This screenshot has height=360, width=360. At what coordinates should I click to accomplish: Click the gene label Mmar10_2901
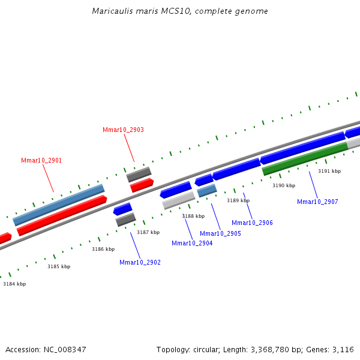tap(41, 160)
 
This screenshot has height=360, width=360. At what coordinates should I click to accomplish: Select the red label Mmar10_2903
tap(123, 130)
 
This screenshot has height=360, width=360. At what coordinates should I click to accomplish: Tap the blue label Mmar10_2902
tap(140, 262)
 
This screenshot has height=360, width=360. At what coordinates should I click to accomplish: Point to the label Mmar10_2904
tap(192, 243)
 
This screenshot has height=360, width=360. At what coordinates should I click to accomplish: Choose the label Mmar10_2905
tap(220, 233)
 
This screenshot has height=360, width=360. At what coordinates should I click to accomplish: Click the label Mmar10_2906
tap(252, 223)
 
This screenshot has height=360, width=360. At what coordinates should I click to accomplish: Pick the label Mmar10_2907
tap(317, 202)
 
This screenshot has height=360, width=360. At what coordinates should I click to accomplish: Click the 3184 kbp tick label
tap(14, 284)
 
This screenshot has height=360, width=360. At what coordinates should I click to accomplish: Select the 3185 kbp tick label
tap(59, 266)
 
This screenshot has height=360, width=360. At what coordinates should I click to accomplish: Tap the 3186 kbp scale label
tap(103, 249)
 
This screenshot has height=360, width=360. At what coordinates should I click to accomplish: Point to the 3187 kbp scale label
tap(148, 232)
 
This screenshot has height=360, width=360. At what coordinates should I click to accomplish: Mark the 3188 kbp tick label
tap(193, 216)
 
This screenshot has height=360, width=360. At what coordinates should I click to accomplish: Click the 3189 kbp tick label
tap(238, 200)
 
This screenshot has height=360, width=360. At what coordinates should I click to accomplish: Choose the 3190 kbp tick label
tap(284, 185)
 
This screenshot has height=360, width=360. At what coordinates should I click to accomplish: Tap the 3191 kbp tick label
tap(329, 171)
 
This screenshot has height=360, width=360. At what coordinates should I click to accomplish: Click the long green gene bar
tap(305, 159)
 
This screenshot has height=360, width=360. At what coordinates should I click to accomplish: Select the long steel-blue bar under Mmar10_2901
tap(59, 205)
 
